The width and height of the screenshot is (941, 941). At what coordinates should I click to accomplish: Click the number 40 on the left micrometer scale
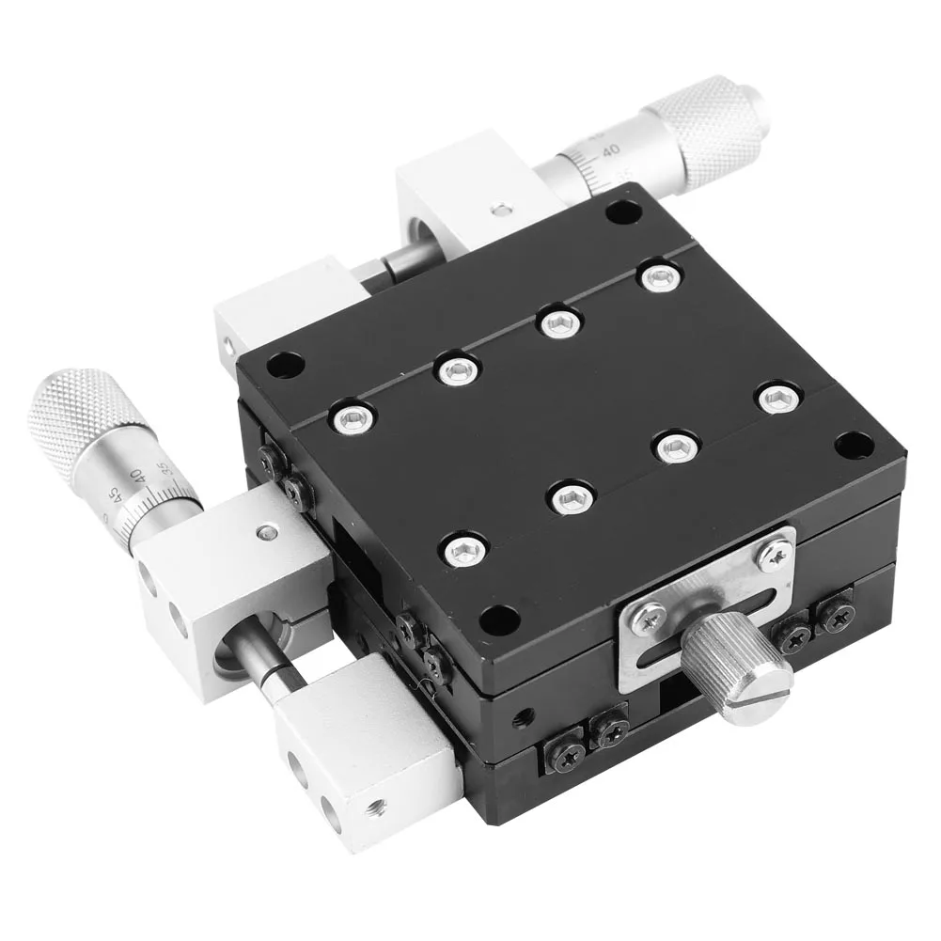click(x=138, y=477)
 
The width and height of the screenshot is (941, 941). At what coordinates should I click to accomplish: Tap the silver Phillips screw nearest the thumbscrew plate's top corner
click(x=774, y=556)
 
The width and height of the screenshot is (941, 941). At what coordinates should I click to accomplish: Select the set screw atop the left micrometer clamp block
click(x=268, y=533)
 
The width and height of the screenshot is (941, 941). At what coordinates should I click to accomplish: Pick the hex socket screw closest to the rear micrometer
click(x=659, y=276)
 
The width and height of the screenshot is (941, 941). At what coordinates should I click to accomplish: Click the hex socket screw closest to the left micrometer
click(x=351, y=416)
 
